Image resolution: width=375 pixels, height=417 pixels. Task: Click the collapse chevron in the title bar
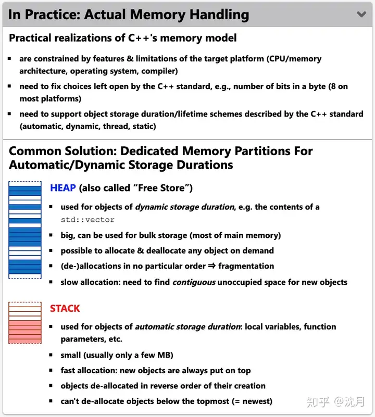[x=361, y=14]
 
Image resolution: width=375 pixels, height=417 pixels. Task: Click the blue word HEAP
[x=63, y=188]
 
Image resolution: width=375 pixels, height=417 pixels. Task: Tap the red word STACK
[x=65, y=308]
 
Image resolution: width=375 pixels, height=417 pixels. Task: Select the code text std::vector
[x=87, y=220]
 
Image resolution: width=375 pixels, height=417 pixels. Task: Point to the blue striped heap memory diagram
[x=24, y=230]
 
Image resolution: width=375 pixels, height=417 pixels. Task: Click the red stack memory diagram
[x=24, y=322]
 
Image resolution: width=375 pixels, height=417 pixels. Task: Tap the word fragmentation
[x=246, y=266]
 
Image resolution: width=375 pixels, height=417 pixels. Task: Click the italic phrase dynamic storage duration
[x=184, y=207]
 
